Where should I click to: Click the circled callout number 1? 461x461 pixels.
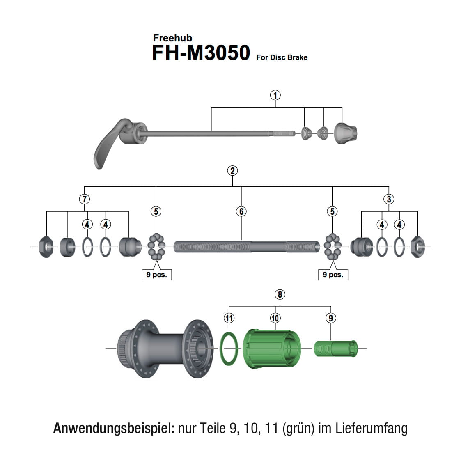275,95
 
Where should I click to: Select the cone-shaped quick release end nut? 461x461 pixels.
345,133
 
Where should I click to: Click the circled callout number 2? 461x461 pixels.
232,171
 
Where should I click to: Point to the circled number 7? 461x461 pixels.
84,199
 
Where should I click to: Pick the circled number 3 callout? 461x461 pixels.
388,199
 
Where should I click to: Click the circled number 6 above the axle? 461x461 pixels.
241,211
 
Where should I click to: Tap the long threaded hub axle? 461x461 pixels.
246,247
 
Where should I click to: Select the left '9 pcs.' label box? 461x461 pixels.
156,275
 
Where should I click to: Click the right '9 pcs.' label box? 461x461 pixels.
333,275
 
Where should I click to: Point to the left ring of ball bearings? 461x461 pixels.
156,246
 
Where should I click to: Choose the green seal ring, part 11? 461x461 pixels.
229,349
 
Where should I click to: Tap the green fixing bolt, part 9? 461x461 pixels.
335,349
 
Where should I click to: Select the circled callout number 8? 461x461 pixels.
280,294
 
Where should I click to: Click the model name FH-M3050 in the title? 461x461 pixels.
201,53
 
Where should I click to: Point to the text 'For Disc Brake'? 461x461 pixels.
282,57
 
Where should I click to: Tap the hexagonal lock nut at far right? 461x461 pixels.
417,247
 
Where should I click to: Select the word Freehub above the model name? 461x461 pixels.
172,38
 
